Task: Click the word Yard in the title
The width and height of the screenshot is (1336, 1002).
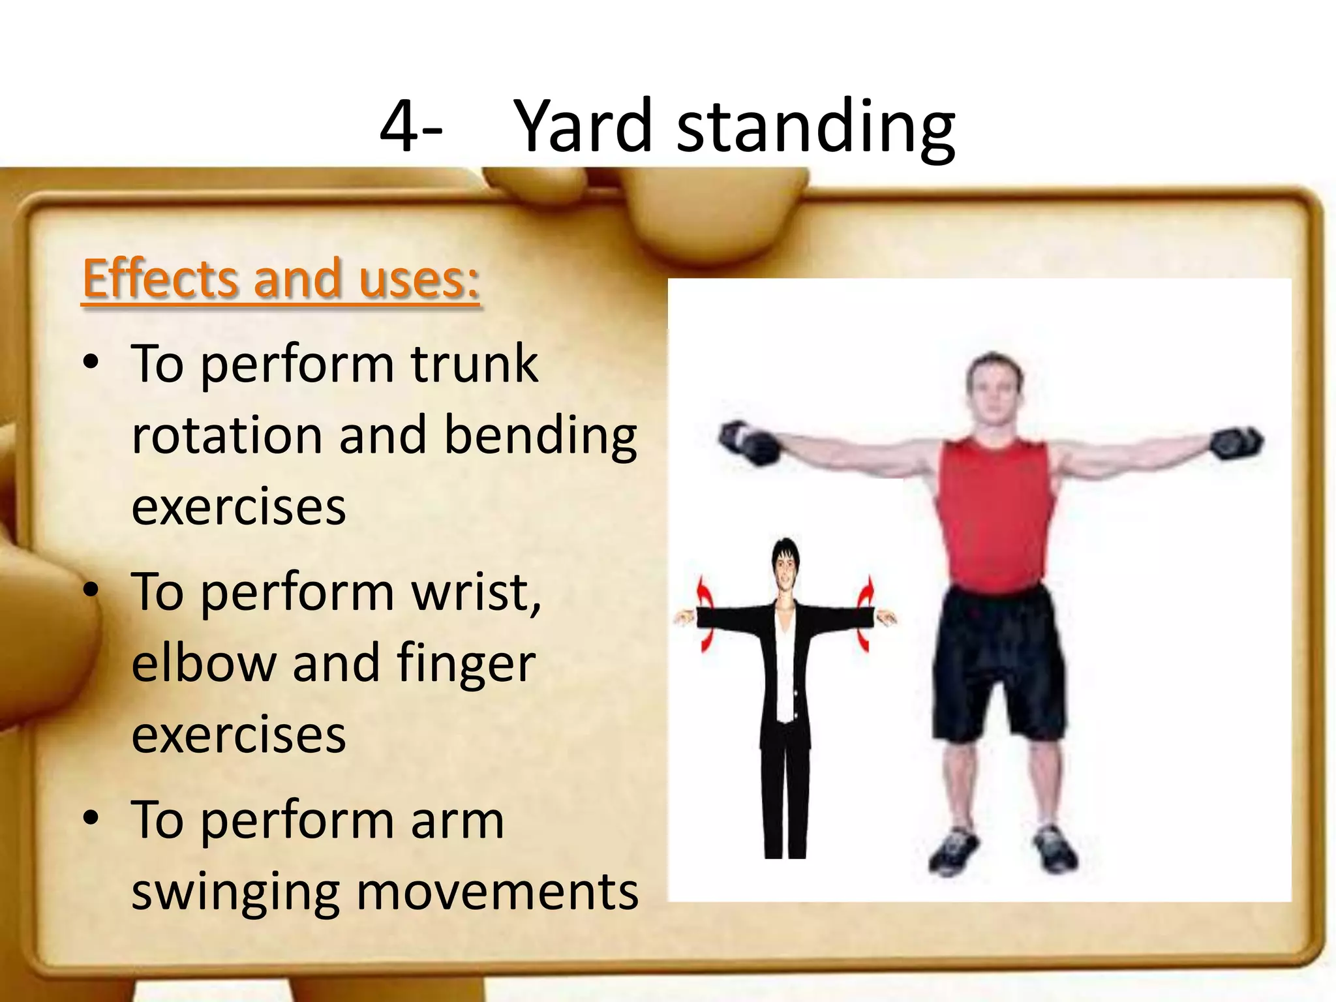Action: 583,126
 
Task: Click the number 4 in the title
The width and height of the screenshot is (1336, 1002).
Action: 399,126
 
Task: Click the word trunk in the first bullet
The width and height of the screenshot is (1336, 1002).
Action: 474,364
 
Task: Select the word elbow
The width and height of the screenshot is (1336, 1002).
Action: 204,663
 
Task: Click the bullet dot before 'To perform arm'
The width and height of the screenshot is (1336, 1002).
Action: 91,817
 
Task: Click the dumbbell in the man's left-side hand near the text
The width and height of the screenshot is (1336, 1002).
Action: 749,442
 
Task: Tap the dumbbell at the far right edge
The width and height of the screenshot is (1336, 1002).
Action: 1236,442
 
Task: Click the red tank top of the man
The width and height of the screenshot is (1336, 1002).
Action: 994,509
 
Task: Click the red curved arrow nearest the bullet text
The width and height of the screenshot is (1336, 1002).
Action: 705,613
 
